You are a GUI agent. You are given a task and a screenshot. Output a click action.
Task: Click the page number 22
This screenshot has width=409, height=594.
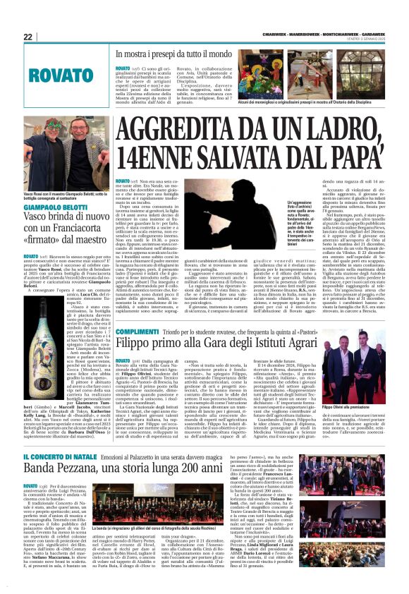click(28, 37)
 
